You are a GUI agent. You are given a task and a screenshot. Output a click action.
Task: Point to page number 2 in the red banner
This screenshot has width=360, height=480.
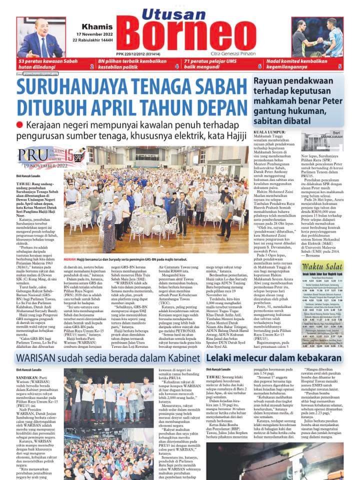tap(91, 66)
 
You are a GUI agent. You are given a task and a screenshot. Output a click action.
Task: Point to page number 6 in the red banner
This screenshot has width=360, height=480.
tap(259, 66)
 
